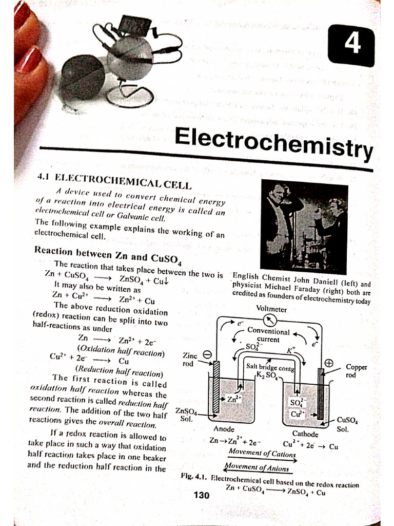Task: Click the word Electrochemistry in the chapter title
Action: [x=273, y=140]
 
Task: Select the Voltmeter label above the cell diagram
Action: [x=271, y=309]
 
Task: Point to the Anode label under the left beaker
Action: [x=224, y=428]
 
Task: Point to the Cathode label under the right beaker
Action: [x=305, y=434]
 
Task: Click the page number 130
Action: [x=202, y=496]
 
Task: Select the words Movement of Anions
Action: [x=256, y=468]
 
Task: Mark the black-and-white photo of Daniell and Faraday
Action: [x=304, y=226]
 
